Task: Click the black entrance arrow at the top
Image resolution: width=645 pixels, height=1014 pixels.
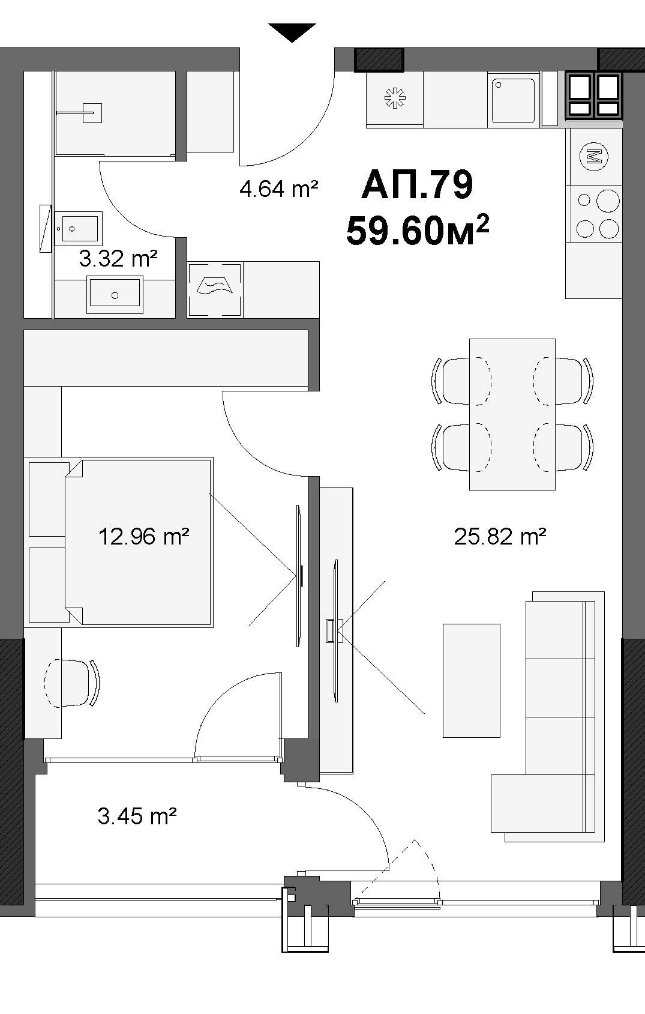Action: (x=292, y=32)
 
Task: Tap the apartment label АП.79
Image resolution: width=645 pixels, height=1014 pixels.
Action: (x=417, y=185)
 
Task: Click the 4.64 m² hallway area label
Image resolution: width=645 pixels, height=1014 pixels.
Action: (x=278, y=189)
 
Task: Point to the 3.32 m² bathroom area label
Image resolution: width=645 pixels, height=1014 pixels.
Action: (x=118, y=259)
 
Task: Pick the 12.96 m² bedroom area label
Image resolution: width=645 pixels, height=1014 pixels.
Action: (x=143, y=537)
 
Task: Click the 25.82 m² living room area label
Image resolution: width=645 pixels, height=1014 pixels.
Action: (x=500, y=537)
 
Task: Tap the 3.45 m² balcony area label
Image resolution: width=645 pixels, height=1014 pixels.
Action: (x=137, y=816)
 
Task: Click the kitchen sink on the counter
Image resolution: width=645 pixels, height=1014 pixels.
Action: (x=514, y=100)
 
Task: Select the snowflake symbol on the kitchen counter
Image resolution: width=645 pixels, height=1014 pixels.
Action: (x=394, y=98)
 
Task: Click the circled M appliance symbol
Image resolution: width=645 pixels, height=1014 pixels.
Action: (x=594, y=156)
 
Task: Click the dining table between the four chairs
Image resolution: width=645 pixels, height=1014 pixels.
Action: (x=512, y=414)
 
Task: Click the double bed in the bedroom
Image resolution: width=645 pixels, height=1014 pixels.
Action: (x=139, y=542)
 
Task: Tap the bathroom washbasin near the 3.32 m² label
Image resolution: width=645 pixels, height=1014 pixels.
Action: (x=115, y=295)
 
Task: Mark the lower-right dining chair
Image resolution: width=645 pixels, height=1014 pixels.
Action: (x=563, y=447)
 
